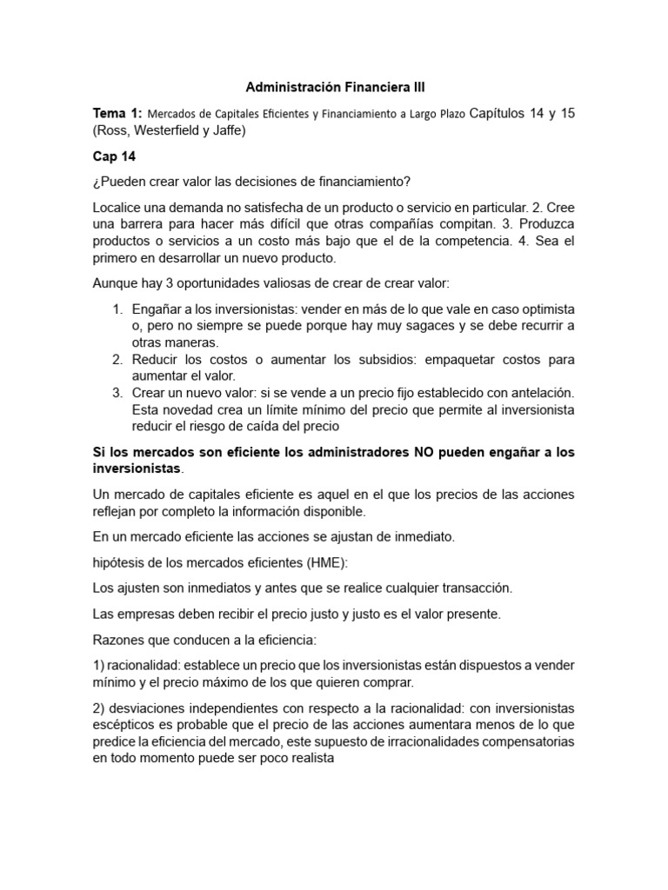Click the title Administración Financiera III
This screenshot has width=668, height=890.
335,88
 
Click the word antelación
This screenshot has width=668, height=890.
536,393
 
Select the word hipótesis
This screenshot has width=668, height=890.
120,562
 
